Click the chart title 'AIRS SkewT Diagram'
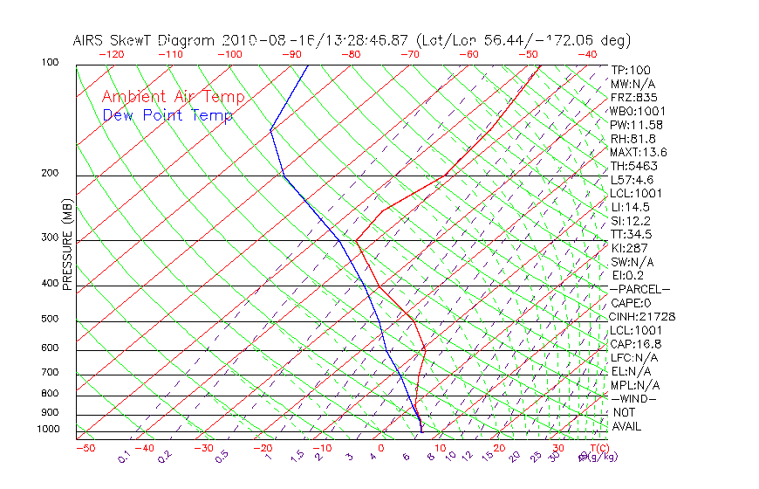[145, 40]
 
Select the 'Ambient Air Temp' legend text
[173, 97]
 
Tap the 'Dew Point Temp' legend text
[168, 115]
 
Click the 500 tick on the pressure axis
[50, 320]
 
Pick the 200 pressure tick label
[50, 174]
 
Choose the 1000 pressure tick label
[47, 430]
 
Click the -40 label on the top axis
[587, 54]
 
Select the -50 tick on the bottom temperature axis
[85, 448]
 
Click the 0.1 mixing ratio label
[125, 456]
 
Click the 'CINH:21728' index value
[643, 316]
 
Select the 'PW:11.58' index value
[633, 125]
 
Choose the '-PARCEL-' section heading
[639, 289]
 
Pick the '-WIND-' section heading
[633, 398]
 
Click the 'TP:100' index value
[630, 70]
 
